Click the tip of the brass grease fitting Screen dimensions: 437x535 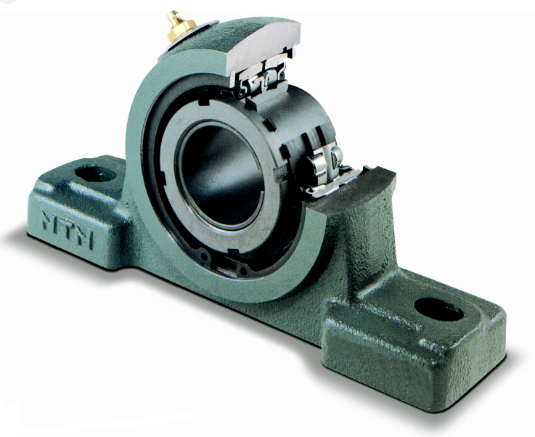(173, 14)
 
